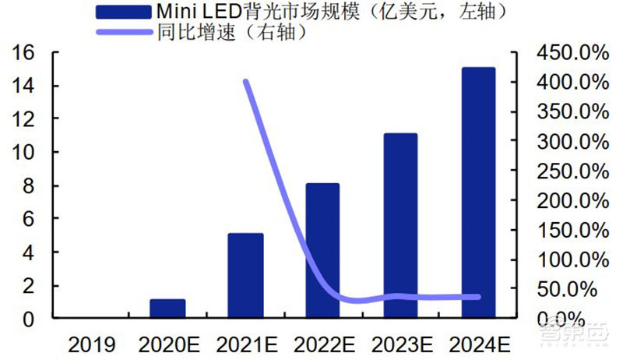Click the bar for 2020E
coord(167,309)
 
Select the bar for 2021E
coord(245,276)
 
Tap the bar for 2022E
coord(322,251)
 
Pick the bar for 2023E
coord(400,226)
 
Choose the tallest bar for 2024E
coord(478,192)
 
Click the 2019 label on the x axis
coord(91,344)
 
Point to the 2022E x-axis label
coord(324,344)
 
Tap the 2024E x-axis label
coord(480,344)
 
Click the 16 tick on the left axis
coord(25,53)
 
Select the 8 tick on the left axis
coord(30,186)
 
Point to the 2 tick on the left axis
coord(30,286)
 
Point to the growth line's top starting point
coord(246,81)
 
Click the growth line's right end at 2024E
coord(477,297)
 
